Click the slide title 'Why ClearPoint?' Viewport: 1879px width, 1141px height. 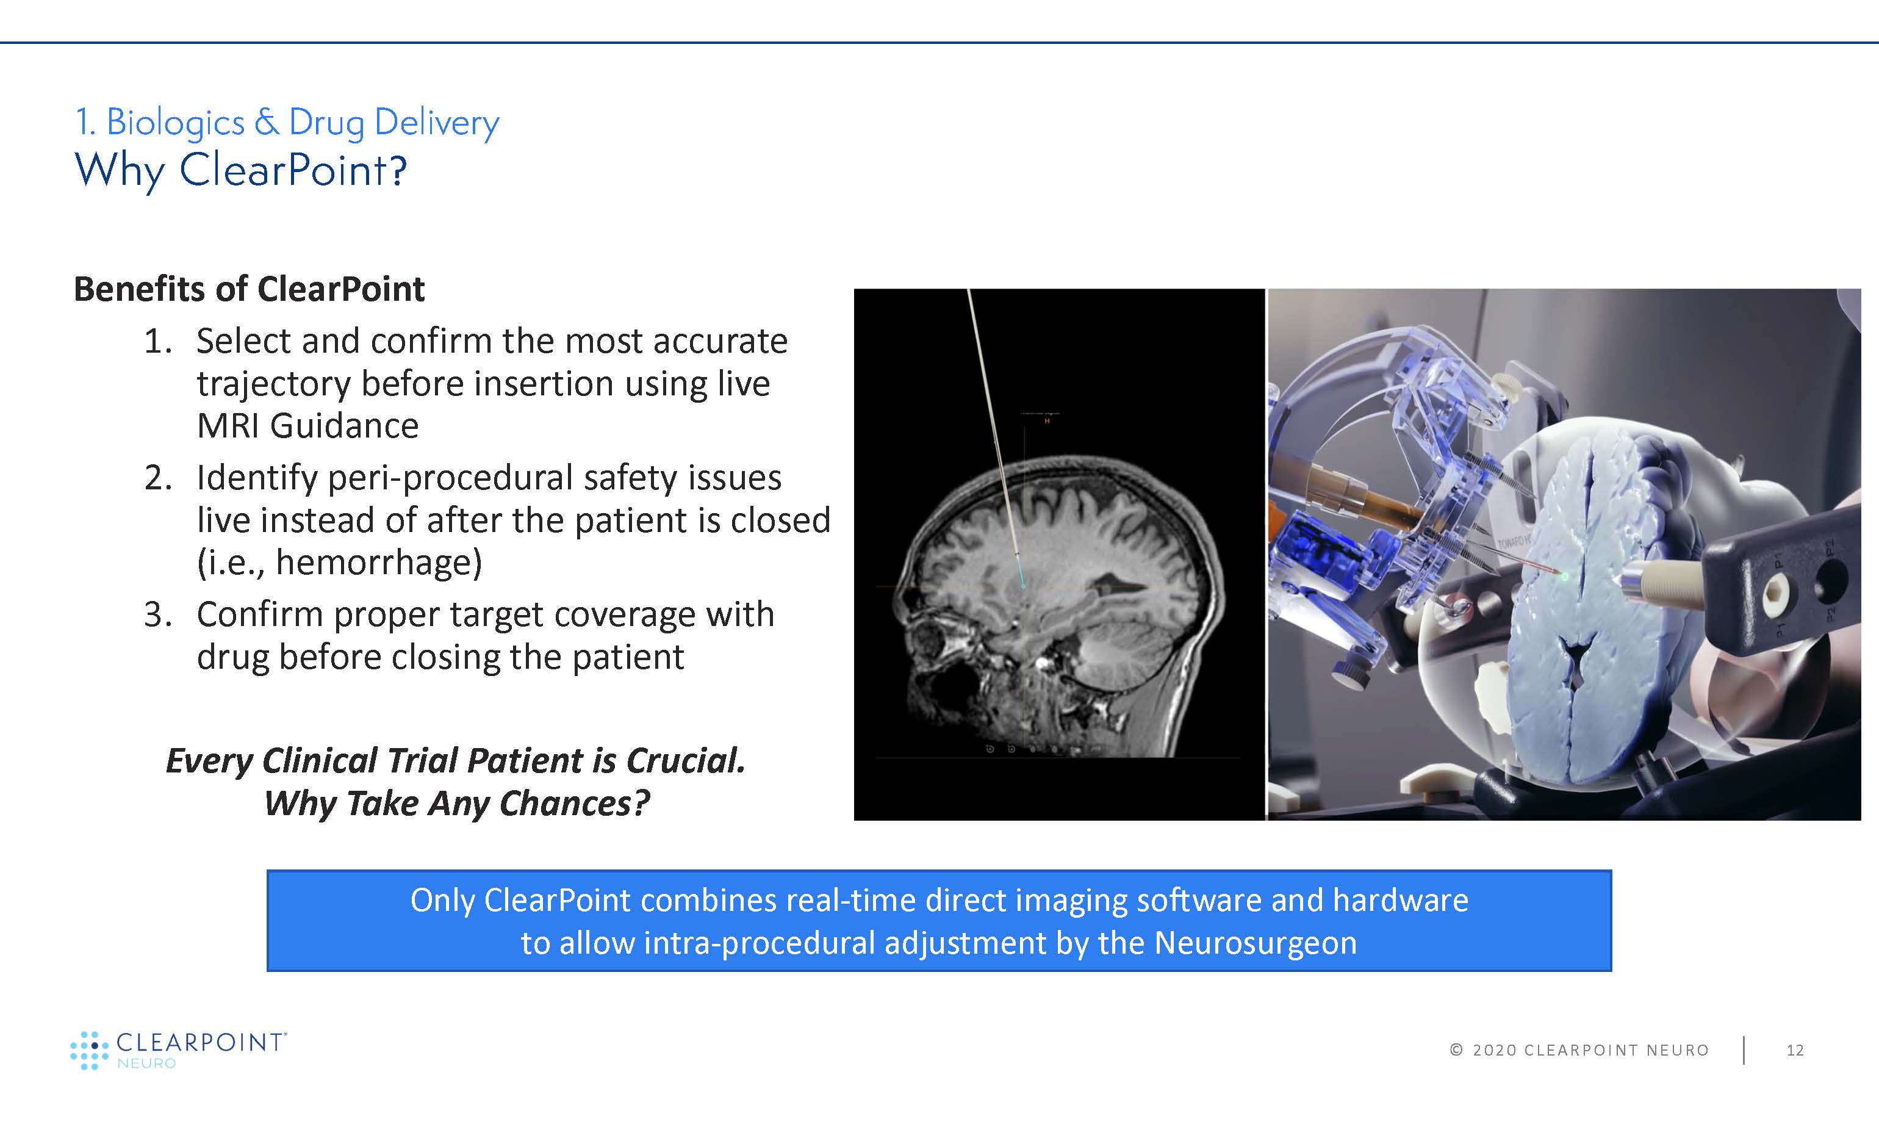[241, 170]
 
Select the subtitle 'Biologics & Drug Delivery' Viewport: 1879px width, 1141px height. [303, 123]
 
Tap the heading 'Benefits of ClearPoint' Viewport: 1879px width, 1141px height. [249, 289]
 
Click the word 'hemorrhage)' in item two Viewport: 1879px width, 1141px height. [379, 563]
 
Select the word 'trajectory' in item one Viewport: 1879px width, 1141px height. [273, 384]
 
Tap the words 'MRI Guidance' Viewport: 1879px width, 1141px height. [307, 426]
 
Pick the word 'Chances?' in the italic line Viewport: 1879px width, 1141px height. [574, 803]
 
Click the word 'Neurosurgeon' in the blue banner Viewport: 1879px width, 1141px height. [1256, 943]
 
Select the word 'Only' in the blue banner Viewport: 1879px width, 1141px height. [442, 901]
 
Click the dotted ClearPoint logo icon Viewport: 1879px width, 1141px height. [89, 1050]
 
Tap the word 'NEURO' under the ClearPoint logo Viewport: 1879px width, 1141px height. [146, 1063]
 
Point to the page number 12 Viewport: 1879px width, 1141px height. [1795, 1050]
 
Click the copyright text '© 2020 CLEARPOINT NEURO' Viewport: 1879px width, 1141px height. [1579, 1050]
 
